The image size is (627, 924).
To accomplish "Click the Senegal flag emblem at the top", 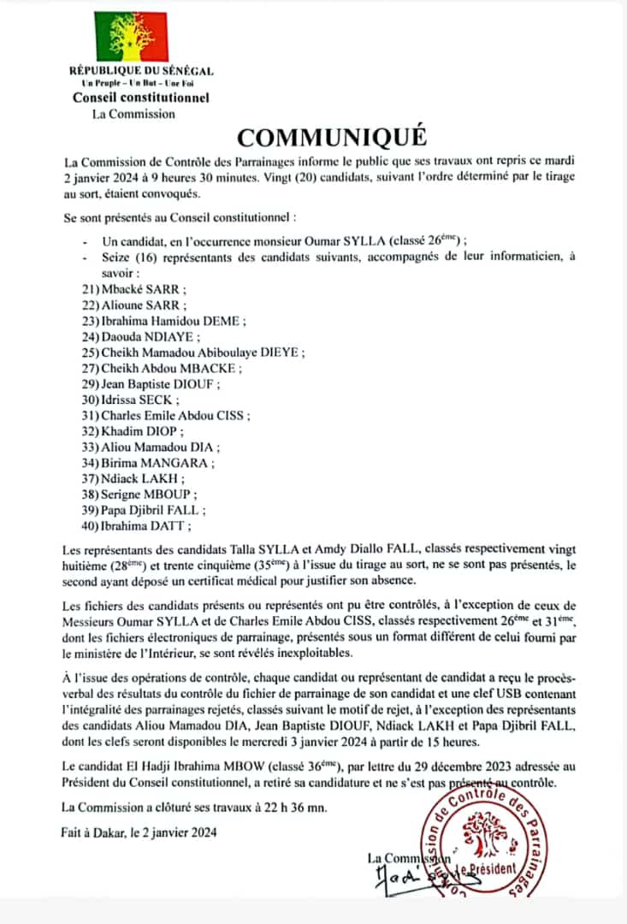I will click(132, 36).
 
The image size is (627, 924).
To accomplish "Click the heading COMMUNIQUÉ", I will click(330, 138).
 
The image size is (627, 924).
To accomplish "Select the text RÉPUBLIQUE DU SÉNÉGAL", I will click(141, 71).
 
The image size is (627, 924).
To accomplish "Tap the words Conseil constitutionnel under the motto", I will click(140, 98).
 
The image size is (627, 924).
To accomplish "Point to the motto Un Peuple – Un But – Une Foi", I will click(140, 84).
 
